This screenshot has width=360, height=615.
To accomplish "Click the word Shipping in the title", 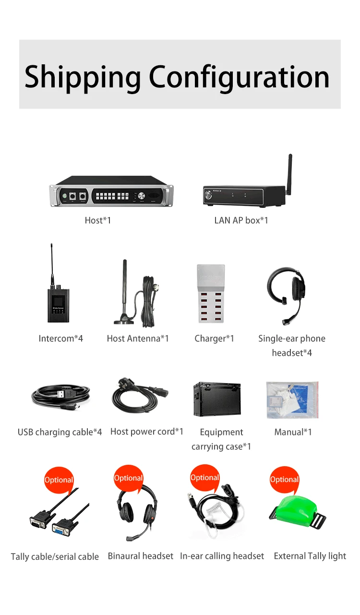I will point(82,77).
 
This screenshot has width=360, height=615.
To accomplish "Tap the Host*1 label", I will point(97,220).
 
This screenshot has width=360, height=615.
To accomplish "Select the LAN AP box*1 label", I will point(241,220).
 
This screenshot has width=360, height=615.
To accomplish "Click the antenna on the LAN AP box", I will point(289,173).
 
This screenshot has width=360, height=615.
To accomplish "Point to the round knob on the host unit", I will point(142,196).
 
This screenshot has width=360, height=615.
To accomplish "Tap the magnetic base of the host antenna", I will point(124,320).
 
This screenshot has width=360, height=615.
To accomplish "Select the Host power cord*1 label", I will point(147,432).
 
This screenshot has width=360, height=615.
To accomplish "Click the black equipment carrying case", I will point(217,398).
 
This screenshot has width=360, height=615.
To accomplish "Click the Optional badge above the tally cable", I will point(59,480).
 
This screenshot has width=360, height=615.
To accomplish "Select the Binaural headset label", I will point(140,556).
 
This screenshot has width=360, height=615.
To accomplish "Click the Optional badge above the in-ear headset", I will point(204,478).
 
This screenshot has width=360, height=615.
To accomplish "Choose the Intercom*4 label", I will point(61,338).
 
